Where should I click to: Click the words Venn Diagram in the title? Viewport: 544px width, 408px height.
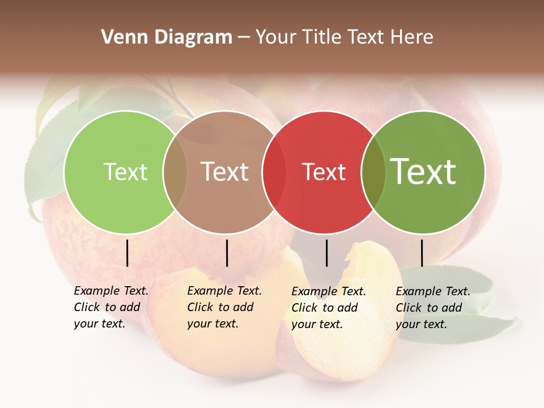click(167, 37)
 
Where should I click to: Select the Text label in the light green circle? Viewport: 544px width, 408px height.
click(126, 172)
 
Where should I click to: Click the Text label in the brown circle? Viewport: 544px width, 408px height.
click(225, 172)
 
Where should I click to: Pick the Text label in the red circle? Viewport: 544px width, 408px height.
click(324, 172)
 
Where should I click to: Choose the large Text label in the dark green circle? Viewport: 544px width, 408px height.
click(423, 172)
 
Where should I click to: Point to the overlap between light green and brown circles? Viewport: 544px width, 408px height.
click(175, 172)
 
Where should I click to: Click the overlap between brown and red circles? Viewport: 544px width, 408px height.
click(274, 172)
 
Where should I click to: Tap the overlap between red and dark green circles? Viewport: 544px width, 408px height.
click(373, 172)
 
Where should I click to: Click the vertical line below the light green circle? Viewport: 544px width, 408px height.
click(127, 253)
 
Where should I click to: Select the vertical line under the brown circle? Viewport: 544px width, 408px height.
click(227, 253)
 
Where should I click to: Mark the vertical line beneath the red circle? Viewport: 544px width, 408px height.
click(326, 253)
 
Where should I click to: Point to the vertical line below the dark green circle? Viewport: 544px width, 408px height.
click(422, 253)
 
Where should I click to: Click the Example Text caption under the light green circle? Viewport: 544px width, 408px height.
click(111, 307)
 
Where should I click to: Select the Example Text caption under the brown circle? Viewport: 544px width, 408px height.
click(224, 307)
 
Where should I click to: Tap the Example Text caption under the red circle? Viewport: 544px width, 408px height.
click(329, 308)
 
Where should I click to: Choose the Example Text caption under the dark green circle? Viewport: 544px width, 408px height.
click(433, 308)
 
